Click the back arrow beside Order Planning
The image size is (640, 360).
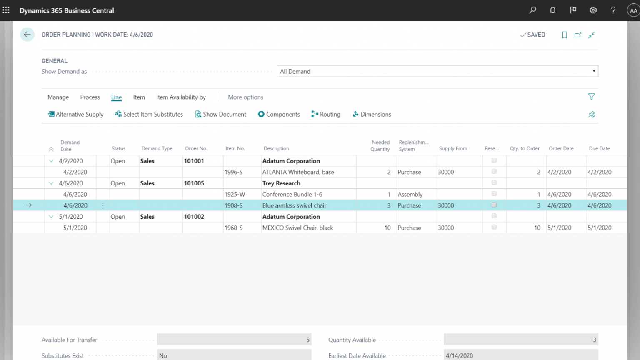coord(27,35)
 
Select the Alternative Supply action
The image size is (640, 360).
coord(76,114)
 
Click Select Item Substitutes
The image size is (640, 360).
coord(149,114)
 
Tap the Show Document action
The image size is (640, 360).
coord(220,114)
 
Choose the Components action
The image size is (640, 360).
coord(279,114)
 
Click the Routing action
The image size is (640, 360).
coord(326,114)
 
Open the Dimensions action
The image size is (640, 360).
coord(372,114)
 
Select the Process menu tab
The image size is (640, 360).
coord(90,97)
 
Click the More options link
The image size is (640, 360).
coord(245,97)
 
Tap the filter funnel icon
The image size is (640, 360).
coord(591,97)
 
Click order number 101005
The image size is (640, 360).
coord(194,183)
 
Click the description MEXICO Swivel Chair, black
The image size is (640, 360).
coord(298,228)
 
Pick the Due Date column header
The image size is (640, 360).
coord(599,148)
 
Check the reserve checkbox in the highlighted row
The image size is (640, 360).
coord(494,205)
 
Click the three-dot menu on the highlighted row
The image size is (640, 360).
coord(103,205)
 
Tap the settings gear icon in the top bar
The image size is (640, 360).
coord(593,10)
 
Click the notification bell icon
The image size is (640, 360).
coord(553,10)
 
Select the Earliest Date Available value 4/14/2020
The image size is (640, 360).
coord(459,355)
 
